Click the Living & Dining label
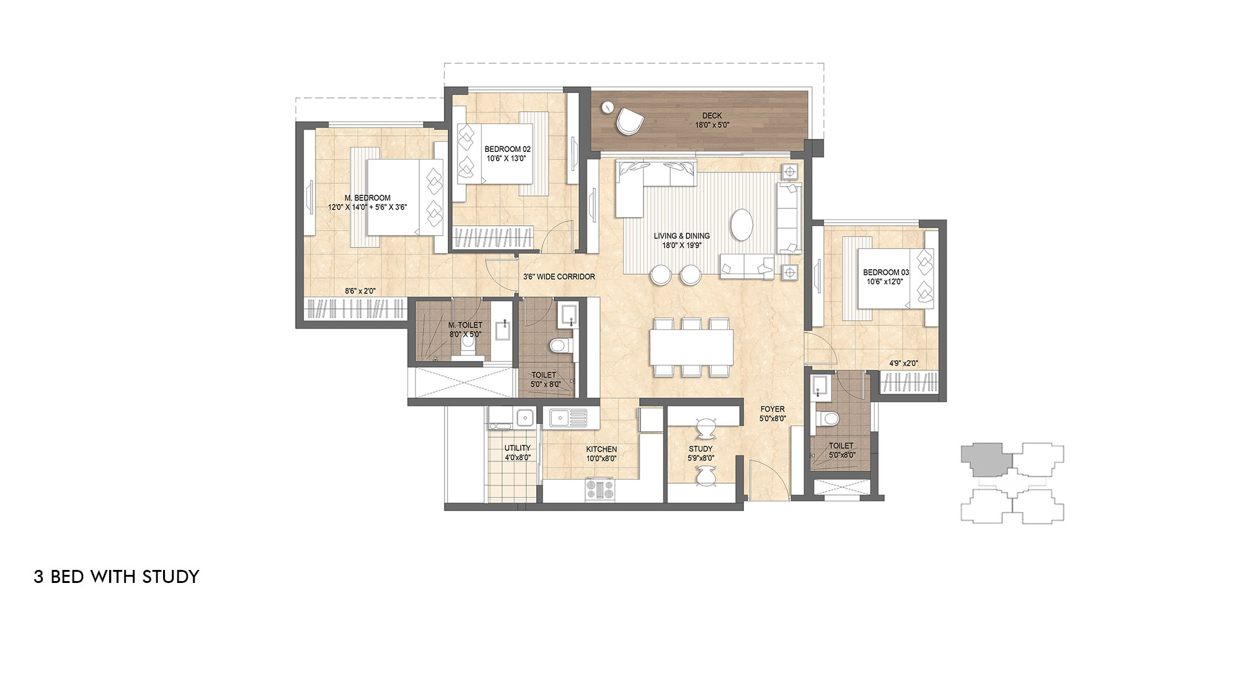click(x=681, y=236)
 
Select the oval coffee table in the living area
click(x=743, y=224)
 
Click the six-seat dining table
click(x=691, y=347)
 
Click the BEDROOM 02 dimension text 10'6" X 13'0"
click(x=507, y=158)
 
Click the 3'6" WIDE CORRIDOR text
click(x=559, y=277)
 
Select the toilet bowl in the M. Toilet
click(x=469, y=349)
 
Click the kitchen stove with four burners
click(x=600, y=490)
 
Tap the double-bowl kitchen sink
click(x=568, y=417)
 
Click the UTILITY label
click(x=517, y=448)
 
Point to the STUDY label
click(x=701, y=449)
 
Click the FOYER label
click(x=773, y=409)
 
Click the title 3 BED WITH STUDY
click(x=117, y=577)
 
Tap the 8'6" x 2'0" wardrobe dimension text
click(x=360, y=290)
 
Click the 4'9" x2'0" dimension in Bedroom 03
click(x=903, y=363)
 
